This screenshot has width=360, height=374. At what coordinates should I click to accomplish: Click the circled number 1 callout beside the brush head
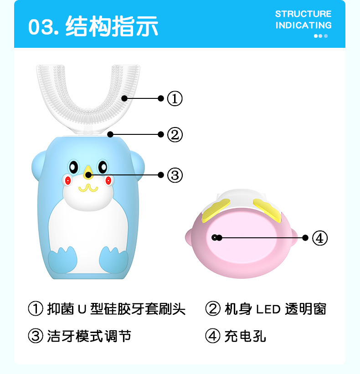(x=175, y=98)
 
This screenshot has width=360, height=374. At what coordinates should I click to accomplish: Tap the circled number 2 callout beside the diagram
(x=175, y=134)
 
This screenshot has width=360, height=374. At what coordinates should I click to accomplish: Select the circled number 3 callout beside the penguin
(x=175, y=175)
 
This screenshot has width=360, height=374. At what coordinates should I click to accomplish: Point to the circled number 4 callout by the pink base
(x=320, y=238)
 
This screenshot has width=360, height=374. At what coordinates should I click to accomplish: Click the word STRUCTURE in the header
(x=303, y=14)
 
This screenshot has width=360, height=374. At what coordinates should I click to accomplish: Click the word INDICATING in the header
(x=303, y=25)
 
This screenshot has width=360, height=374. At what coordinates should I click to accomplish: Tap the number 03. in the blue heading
(x=44, y=27)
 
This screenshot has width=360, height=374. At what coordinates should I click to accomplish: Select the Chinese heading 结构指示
(x=112, y=26)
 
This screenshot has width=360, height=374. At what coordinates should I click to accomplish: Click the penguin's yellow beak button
(x=88, y=172)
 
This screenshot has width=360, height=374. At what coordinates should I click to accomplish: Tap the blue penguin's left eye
(x=73, y=167)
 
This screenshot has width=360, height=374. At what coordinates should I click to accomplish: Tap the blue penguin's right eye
(x=103, y=167)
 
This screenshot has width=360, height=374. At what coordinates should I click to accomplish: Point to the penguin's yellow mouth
(x=88, y=188)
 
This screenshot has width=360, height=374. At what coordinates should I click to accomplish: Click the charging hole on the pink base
(x=215, y=238)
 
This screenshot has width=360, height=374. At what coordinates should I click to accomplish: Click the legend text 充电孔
(x=245, y=336)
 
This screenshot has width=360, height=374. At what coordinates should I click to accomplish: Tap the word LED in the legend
(x=268, y=309)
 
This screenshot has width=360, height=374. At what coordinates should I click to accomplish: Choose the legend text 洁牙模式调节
(x=89, y=336)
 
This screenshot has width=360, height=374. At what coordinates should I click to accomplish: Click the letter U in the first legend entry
(x=82, y=309)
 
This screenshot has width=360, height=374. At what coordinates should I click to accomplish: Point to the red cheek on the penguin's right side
(x=108, y=180)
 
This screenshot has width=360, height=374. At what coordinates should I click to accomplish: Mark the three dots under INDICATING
(x=321, y=36)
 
